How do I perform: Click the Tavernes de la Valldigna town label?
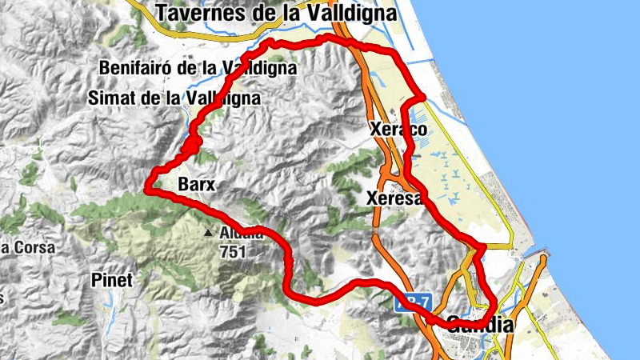pyautogui.click(x=277, y=13)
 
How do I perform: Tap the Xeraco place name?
pyautogui.click(x=398, y=129)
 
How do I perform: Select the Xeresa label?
pyautogui.click(x=393, y=198)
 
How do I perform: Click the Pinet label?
pyautogui.click(x=111, y=282)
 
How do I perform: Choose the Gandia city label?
pyautogui.click(x=466, y=325)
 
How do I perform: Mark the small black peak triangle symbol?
pyautogui.click(x=209, y=234)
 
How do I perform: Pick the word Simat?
pyautogui.click(x=112, y=98)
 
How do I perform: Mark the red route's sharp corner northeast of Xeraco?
pyautogui.click(x=423, y=98)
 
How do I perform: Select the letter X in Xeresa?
pyautogui.click(x=372, y=198)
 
